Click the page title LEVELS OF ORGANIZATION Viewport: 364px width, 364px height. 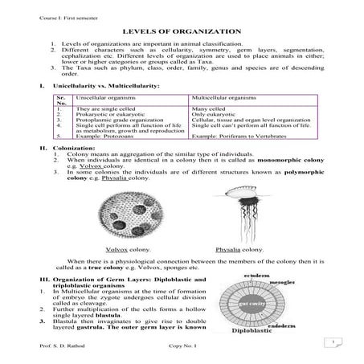click(181, 30)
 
